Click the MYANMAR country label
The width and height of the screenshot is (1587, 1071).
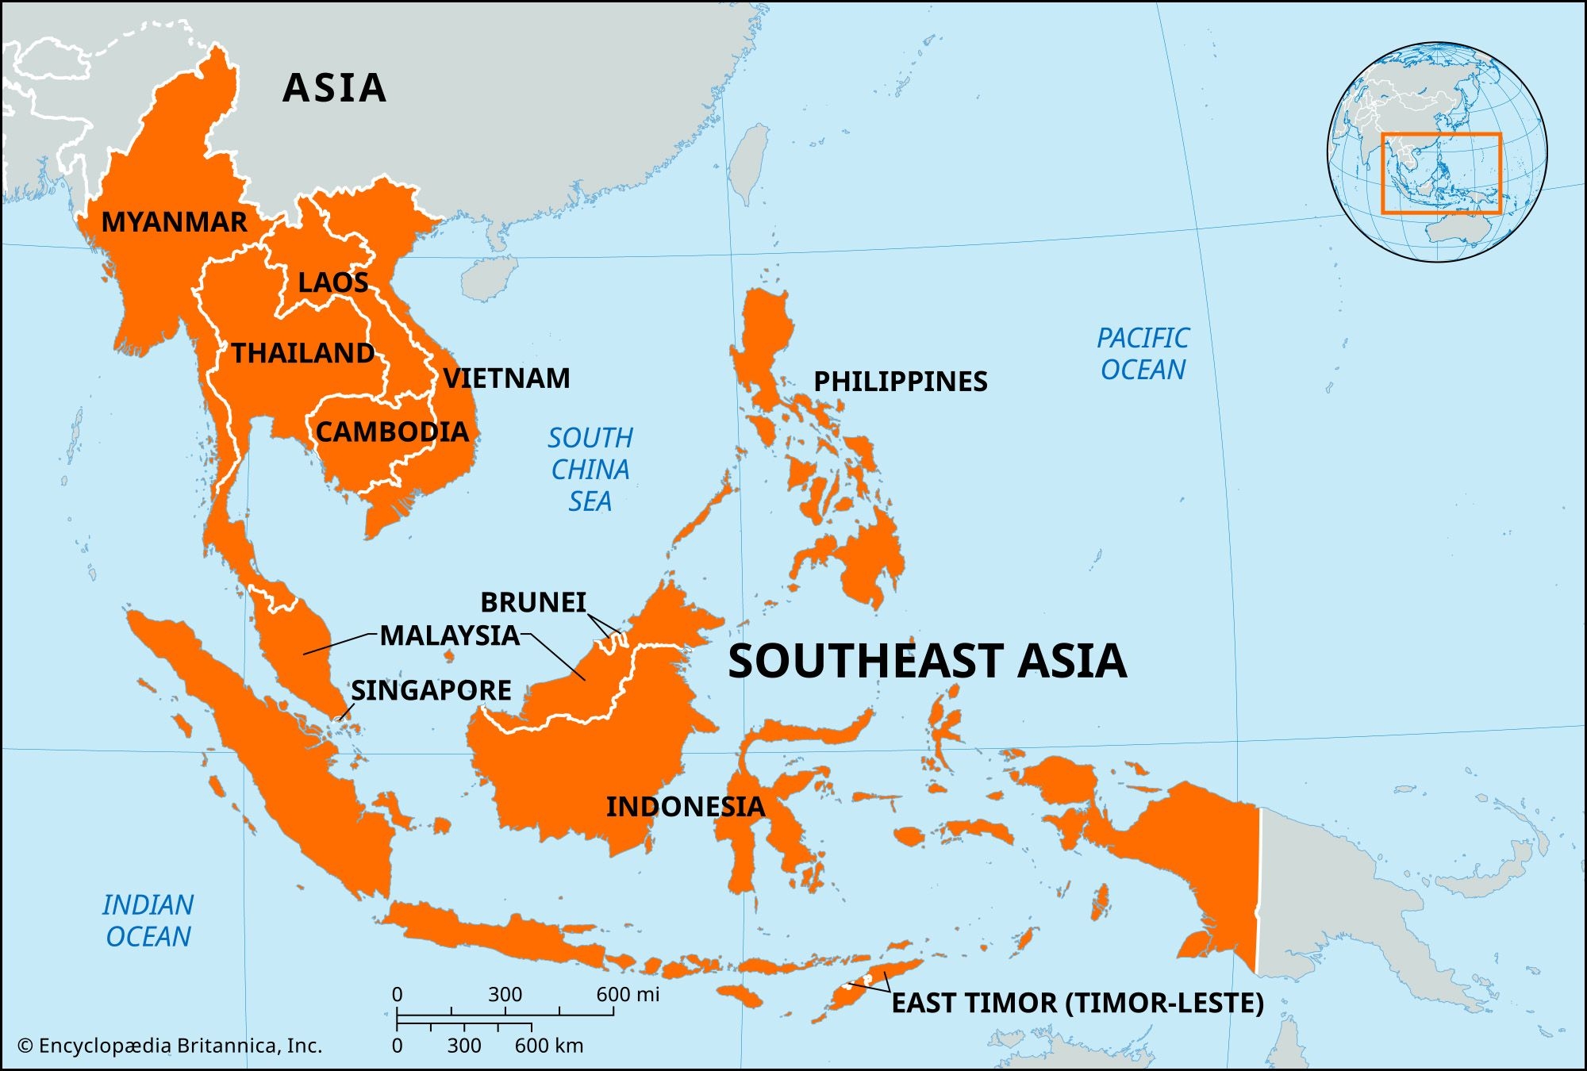click(x=174, y=222)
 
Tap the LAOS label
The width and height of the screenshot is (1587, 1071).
click(x=332, y=282)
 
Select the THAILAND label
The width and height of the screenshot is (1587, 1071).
click(x=302, y=353)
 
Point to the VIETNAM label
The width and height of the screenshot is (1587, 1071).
click(x=506, y=378)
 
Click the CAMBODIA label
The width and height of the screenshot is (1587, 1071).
click(x=392, y=432)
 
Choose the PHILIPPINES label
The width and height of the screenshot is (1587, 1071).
click(x=900, y=382)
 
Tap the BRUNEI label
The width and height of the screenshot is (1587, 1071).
click(x=532, y=602)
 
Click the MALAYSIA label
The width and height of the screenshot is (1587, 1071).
click(x=449, y=635)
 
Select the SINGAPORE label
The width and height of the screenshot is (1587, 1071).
click(x=431, y=690)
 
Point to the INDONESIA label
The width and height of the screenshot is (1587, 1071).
click(x=685, y=807)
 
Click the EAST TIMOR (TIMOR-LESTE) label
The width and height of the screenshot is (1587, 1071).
click(x=1077, y=1003)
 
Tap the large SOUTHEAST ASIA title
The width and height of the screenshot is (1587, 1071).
click(x=927, y=661)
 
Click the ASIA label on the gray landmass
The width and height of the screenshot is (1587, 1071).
click(x=334, y=88)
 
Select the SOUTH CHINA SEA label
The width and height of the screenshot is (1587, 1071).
click(x=590, y=470)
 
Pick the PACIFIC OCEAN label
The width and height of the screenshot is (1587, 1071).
click(x=1143, y=354)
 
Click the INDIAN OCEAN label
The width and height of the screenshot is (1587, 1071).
click(x=148, y=921)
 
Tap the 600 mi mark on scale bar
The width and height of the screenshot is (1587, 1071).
click(x=627, y=995)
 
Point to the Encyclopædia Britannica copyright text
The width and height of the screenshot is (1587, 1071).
click(x=170, y=1046)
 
